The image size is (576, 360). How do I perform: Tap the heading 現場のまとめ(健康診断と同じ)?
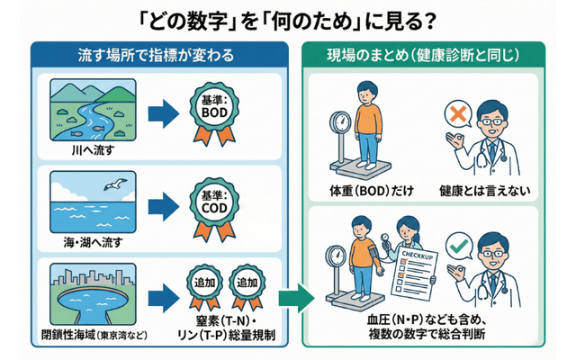pos(422,56)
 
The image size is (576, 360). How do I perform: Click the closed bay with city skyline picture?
pos(93,292)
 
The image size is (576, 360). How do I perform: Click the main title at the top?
pos(288,19)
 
